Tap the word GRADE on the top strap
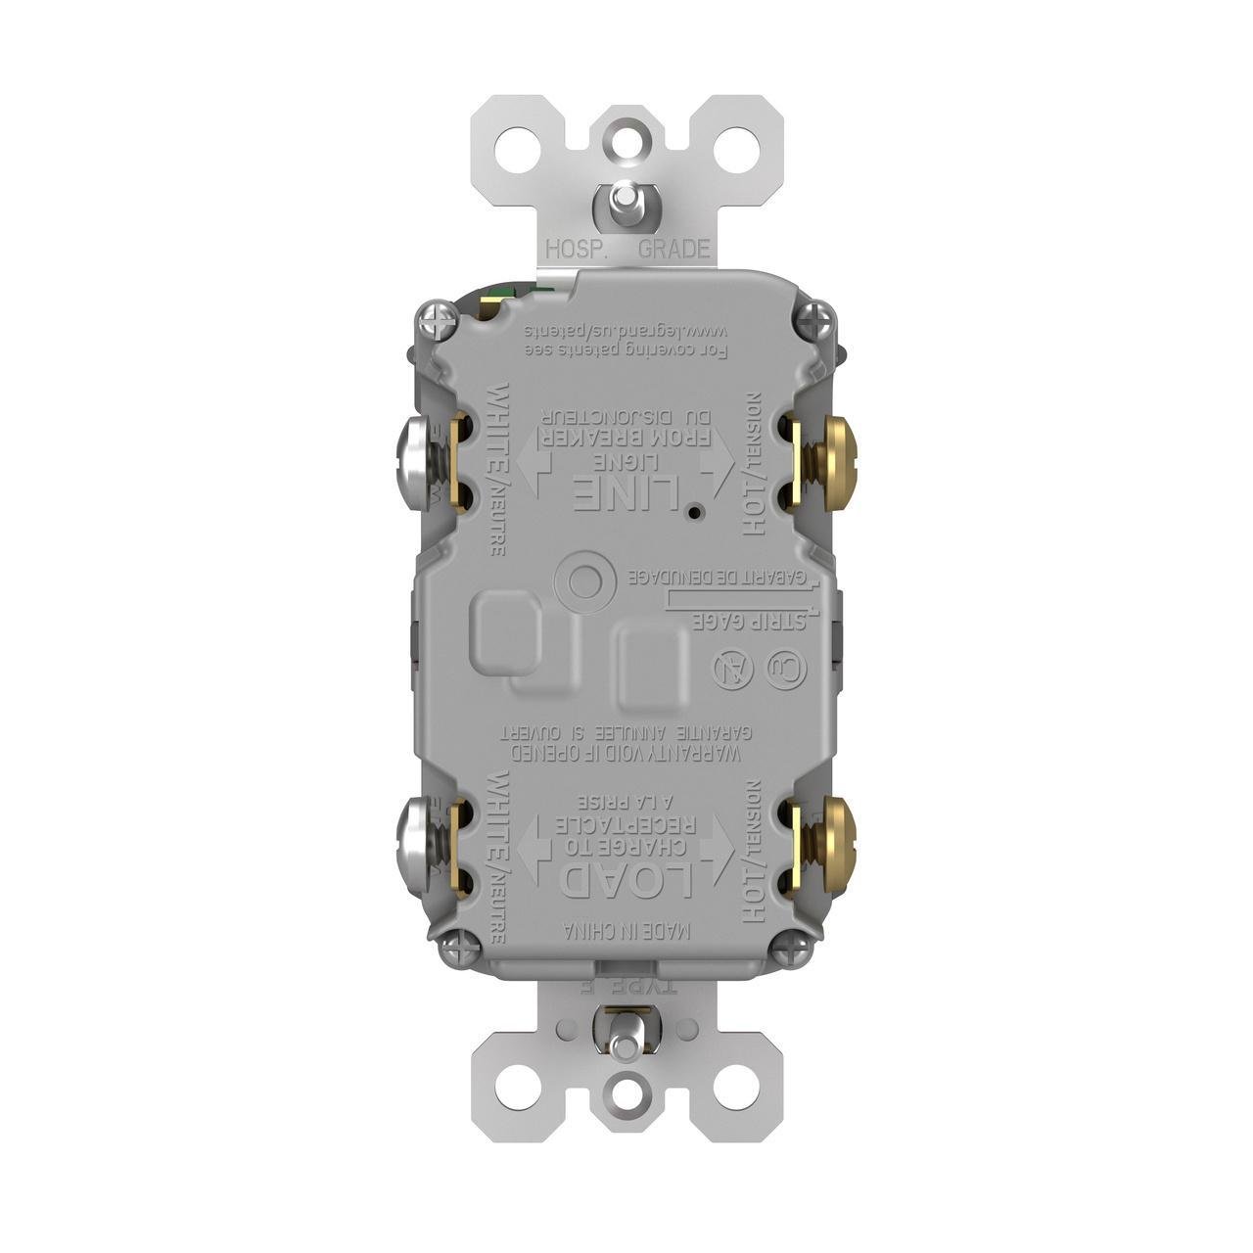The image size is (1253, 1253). pos(673,249)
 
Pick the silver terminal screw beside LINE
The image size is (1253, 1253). pos(414,461)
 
